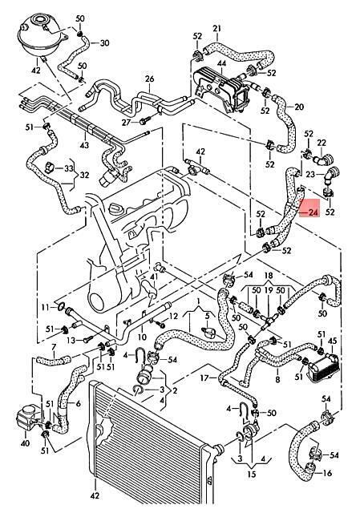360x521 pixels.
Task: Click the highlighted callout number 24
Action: (313, 212)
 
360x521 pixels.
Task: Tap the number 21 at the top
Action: (216, 29)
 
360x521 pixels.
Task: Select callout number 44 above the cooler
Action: (222, 63)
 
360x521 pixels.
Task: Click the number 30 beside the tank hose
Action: (104, 42)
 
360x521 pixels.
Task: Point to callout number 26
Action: (150, 79)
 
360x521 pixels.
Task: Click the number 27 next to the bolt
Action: (126, 123)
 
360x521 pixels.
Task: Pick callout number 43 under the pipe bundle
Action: (84, 145)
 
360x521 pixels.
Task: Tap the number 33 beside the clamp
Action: (68, 168)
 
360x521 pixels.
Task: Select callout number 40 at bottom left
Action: (25, 443)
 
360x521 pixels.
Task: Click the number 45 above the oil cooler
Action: (332, 341)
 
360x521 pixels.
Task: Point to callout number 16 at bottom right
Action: (327, 473)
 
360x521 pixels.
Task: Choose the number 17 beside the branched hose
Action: (204, 378)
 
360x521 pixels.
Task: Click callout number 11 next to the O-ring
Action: (46, 307)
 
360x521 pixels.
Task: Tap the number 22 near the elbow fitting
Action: (322, 143)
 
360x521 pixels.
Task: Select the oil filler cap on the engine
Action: (116, 210)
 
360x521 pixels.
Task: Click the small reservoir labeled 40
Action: (26, 418)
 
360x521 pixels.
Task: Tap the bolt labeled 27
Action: (144, 120)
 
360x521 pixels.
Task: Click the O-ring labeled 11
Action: (60, 306)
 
